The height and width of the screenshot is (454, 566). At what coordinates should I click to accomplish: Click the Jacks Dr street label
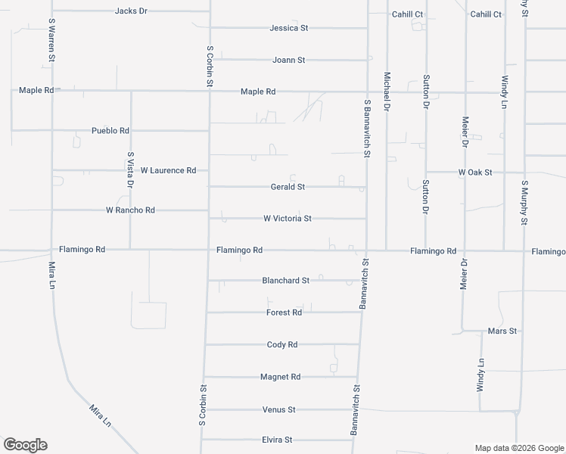131,11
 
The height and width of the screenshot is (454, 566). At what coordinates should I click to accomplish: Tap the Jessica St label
289,28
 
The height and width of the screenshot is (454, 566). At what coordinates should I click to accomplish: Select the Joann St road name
288,60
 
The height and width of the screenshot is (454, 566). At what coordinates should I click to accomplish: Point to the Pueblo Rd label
110,131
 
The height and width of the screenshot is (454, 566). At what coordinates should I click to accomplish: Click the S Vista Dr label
131,169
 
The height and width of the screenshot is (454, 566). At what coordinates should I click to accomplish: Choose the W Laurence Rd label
168,170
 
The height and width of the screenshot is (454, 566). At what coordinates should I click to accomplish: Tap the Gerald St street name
288,187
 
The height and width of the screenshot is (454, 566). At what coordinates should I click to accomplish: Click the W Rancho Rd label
130,210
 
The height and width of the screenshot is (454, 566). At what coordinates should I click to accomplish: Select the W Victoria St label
288,219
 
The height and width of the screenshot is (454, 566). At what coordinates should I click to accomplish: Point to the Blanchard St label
285,280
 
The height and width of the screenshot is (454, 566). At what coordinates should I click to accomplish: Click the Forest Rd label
284,313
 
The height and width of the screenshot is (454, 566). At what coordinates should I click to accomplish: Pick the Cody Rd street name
282,344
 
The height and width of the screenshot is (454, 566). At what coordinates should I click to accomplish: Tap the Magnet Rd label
280,377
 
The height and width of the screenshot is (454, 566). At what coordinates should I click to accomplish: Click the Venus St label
278,409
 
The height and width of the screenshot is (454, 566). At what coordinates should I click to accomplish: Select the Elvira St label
277,440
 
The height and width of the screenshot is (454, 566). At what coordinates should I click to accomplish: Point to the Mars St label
502,331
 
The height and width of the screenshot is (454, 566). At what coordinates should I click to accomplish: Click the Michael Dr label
387,92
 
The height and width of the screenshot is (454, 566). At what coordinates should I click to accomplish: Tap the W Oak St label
475,173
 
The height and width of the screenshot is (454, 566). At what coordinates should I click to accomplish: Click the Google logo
25,445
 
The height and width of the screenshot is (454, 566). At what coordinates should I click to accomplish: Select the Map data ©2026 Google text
518,448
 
